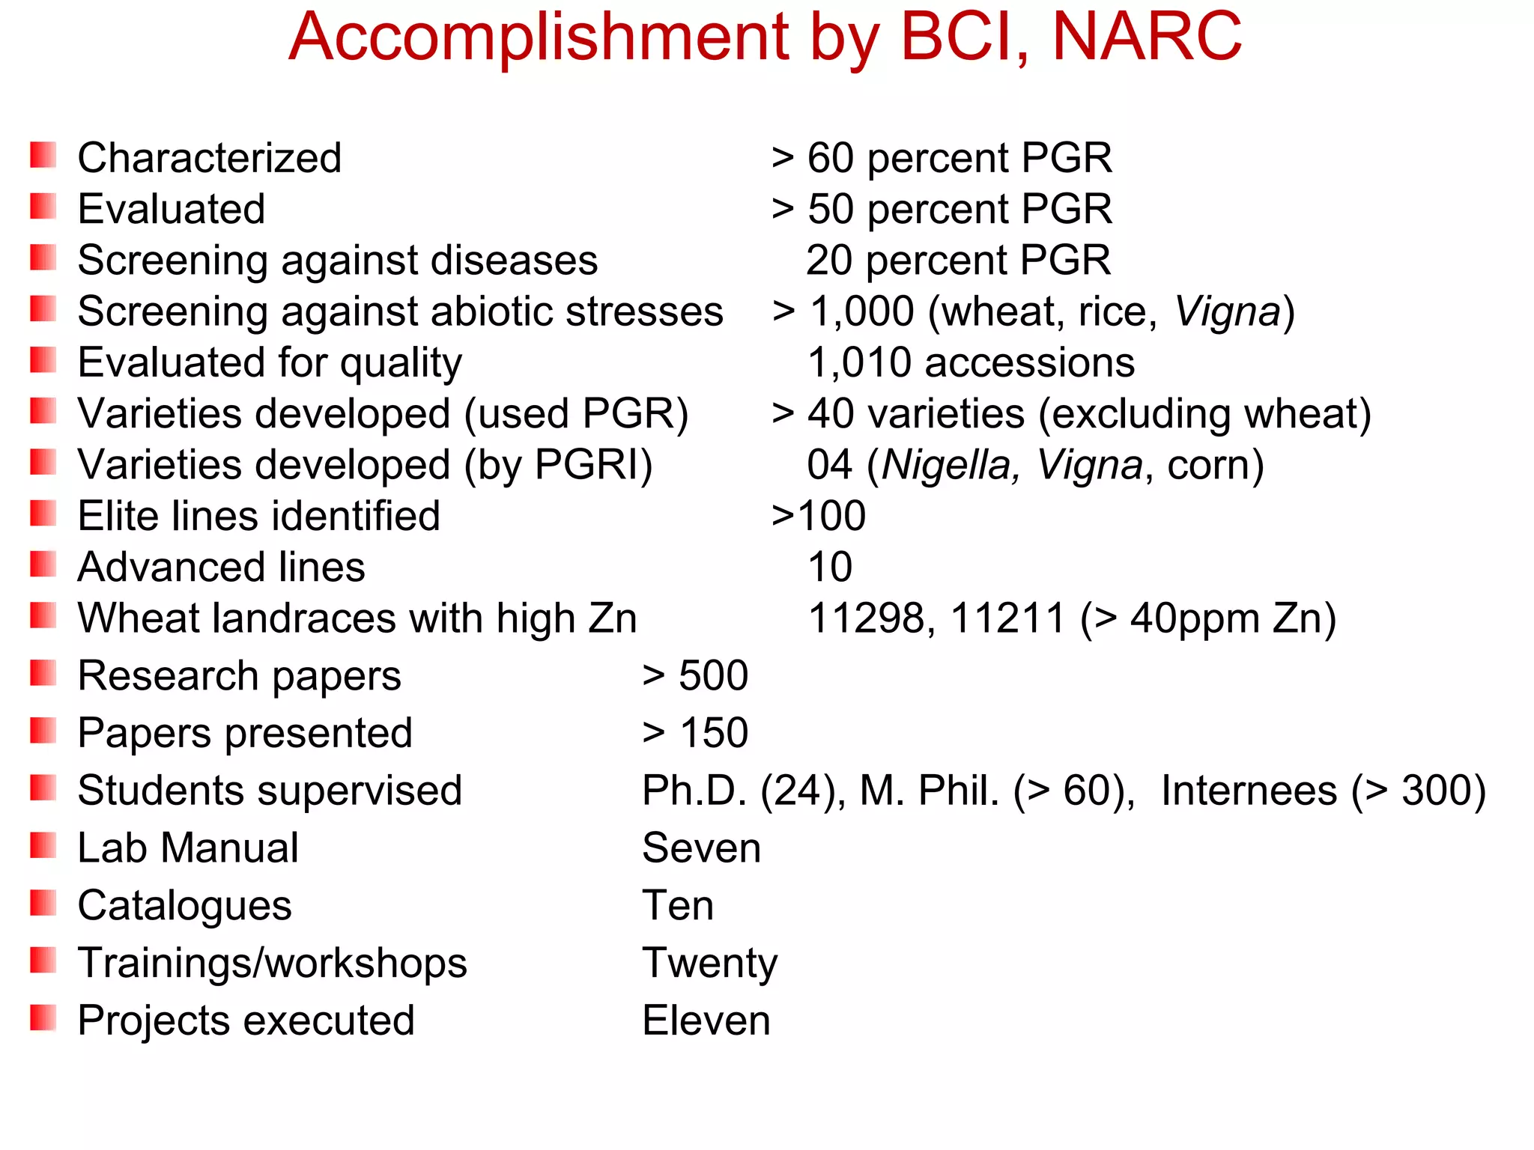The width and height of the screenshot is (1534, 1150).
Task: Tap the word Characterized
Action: point(210,158)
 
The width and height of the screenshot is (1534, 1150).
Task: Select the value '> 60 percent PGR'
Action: point(942,158)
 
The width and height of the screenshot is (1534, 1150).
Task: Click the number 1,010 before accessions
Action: point(860,363)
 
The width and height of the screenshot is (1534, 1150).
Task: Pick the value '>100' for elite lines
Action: point(819,516)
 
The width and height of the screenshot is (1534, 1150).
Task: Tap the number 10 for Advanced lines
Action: point(830,567)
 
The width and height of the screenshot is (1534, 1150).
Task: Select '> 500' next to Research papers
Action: point(695,675)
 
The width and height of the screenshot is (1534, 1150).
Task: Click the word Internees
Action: point(1249,791)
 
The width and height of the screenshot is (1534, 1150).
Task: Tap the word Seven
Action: point(701,848)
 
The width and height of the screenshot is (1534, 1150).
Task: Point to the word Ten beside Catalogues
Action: point(678,905)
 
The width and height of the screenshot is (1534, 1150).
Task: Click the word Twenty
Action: point(709,964)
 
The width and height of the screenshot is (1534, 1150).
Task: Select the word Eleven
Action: point(706,1020)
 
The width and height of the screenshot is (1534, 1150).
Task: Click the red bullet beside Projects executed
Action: point(43,1018)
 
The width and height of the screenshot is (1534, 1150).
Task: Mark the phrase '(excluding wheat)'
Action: point(1204,414)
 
